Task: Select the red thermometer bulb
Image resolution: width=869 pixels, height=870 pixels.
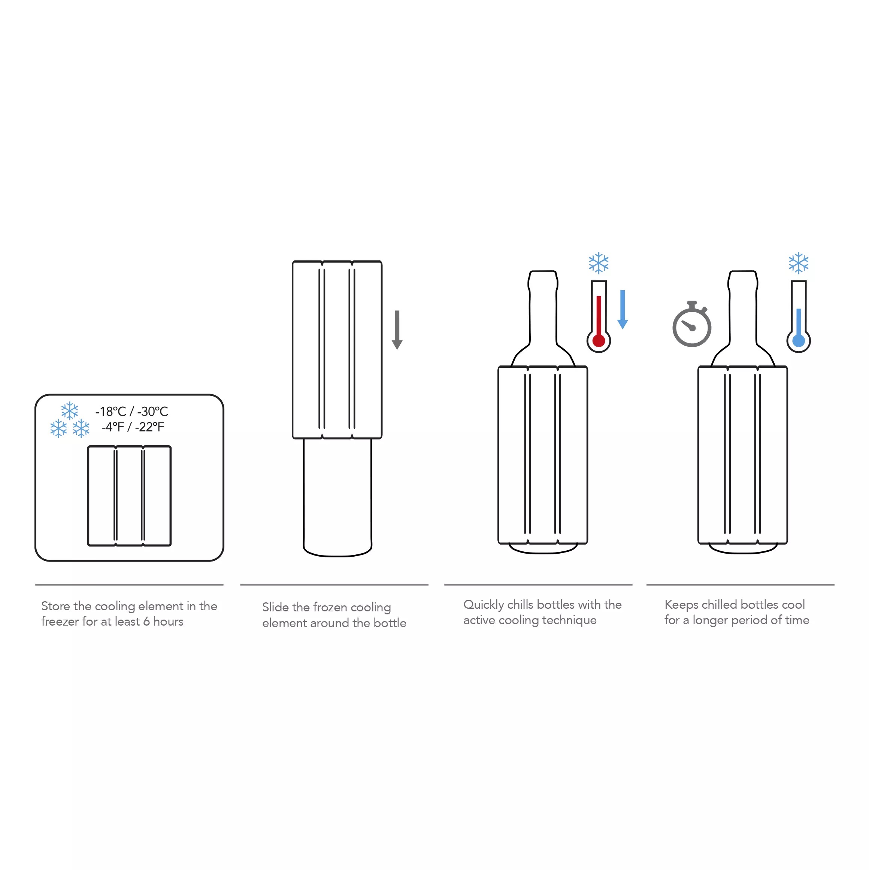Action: [599, 340]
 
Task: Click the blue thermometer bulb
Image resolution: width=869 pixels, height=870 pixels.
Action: [798, 340]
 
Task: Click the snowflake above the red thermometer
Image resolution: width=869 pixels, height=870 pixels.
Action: [599, 263]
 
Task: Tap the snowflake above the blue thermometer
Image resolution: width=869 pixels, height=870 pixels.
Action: [798, 263]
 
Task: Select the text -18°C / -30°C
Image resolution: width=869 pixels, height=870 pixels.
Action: [131, 412]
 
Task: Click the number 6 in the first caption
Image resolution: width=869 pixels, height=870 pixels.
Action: [146, 622]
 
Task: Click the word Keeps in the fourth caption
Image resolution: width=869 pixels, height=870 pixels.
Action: [681, 605]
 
